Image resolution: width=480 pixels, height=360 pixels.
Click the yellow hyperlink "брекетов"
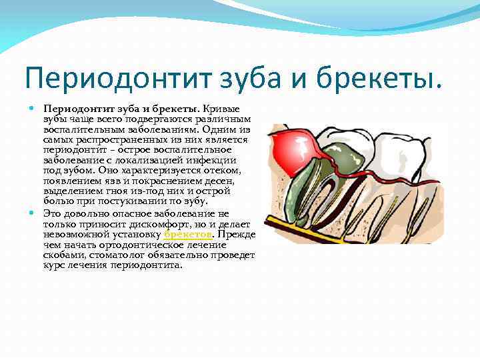pos(188,235)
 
